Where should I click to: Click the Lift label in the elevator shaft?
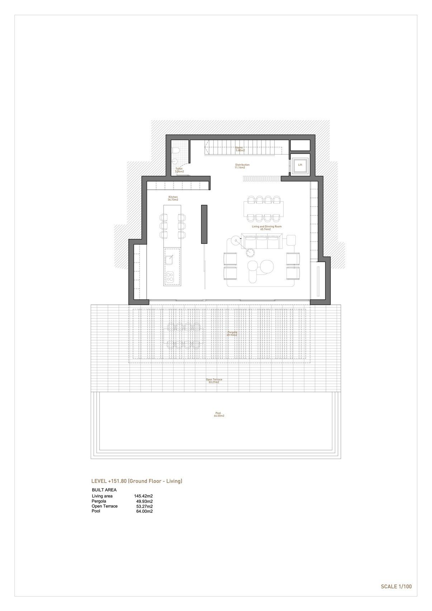300,165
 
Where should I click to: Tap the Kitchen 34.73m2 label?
173,198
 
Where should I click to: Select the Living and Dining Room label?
267,227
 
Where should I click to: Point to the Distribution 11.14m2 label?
242,166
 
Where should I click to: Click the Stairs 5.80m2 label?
240,149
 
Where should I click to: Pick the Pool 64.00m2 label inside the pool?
218,414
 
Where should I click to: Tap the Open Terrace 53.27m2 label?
214,381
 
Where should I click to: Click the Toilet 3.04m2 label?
179,170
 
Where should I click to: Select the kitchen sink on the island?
170,259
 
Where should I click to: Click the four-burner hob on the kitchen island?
170,276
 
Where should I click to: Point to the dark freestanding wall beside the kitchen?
204,224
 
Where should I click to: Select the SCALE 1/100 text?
396,587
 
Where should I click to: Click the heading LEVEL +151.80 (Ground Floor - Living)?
137,481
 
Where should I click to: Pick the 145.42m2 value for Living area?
143,496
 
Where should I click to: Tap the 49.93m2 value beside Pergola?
144,501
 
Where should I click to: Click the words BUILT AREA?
104,490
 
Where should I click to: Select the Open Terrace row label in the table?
105,506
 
